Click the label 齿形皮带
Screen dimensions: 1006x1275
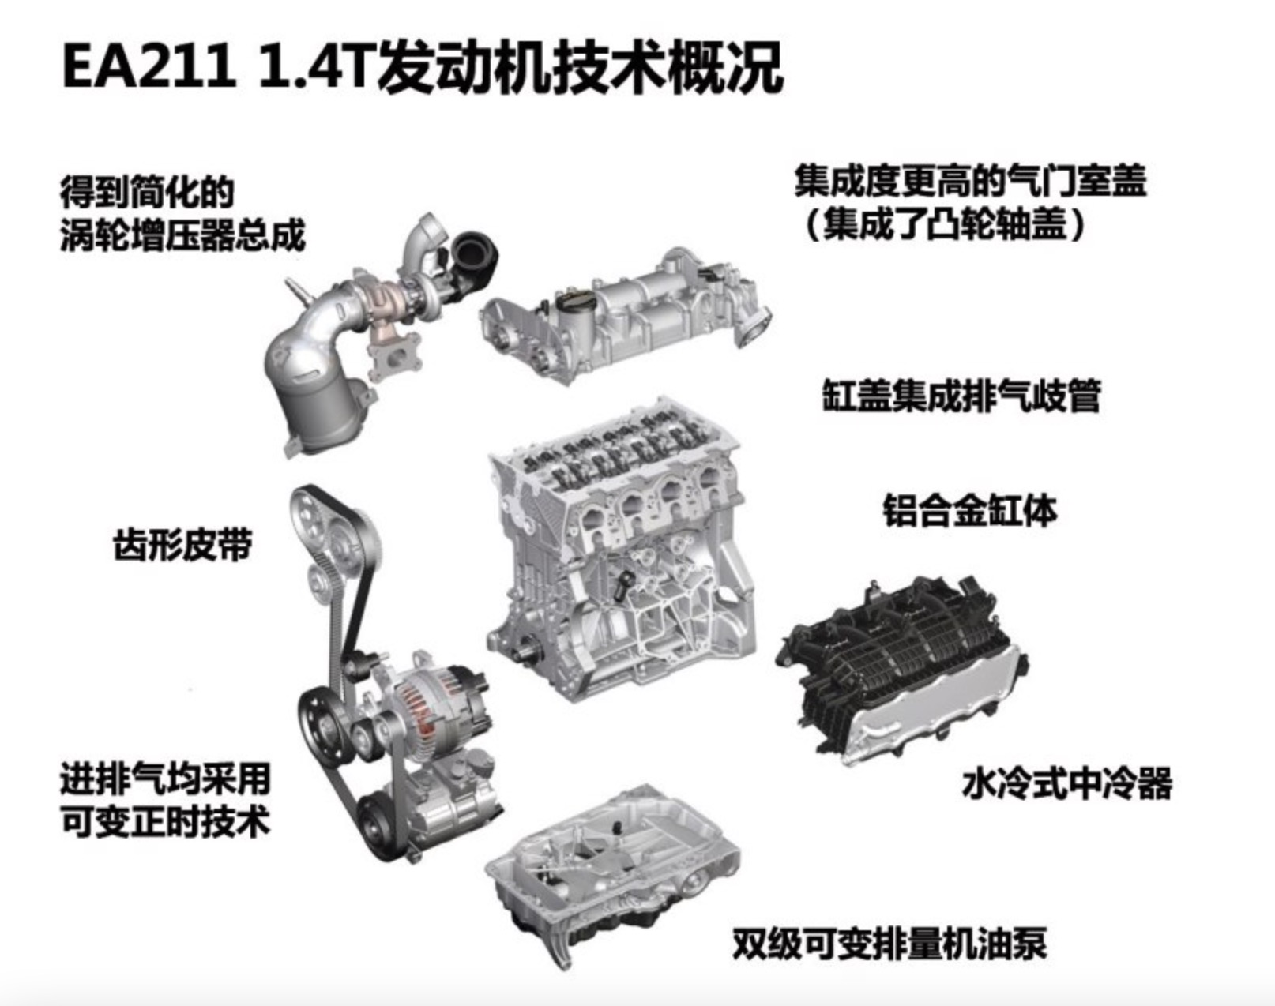182,545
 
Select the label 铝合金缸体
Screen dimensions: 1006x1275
968,511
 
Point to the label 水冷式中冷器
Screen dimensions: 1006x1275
1066,783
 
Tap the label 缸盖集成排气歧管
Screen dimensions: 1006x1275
961,396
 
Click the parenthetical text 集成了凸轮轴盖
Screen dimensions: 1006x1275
944,226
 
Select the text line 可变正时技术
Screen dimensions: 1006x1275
164,822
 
